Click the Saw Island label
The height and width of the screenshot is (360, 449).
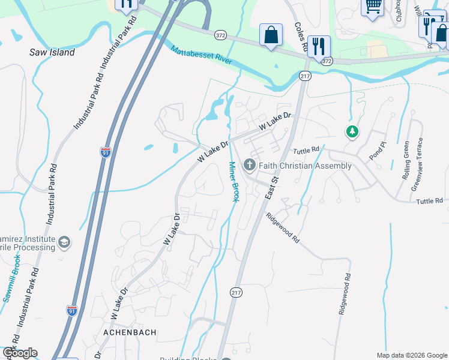(x=52, y=52)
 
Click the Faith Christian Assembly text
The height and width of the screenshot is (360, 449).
(x=306, y=166)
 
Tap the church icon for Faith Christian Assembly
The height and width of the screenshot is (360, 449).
(x=249, y=165)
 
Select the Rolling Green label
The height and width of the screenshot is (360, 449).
(x=406, y=160)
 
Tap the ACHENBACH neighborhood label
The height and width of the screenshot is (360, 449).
(x=130, y=332)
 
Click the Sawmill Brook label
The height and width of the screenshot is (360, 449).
(x=11, y=278)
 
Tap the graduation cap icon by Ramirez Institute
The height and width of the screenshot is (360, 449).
(x=63, y=242)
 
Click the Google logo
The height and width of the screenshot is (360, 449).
(x=20, y=353)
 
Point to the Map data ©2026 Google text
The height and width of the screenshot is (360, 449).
(x=411, y=355)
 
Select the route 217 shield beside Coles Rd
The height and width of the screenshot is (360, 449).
(x=305, y=76)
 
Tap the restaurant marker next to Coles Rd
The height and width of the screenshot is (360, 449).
(x=319, y=46)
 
